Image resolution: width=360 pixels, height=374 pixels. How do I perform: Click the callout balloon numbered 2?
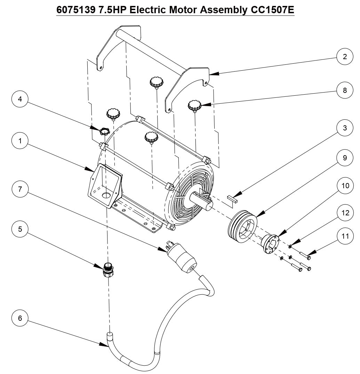[345, 57]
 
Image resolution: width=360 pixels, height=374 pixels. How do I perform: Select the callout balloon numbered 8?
[345, 90]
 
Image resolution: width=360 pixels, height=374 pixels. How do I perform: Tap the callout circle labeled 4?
[20, 99]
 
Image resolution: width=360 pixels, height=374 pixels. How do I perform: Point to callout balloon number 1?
[20, 141]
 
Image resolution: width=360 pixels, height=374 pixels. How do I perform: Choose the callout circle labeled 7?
[20, 189]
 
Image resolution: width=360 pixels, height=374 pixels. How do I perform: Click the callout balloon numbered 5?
[20, 229]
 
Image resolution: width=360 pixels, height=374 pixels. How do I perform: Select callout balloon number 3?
[345, 128]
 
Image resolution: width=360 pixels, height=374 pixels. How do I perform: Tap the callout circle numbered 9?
[345, 158]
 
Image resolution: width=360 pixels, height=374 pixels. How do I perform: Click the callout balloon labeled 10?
[345, 186]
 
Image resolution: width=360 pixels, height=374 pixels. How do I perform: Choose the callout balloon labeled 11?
[345, 236]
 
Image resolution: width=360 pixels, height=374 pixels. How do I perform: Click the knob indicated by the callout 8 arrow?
[195, 105]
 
